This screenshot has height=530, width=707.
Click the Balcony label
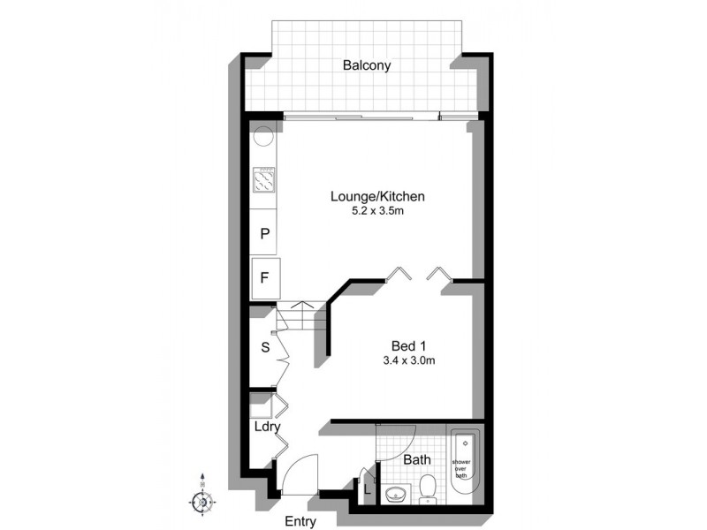click(368, 65)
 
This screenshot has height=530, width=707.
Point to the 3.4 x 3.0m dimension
click(408, 360)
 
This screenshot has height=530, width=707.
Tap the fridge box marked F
click(264, 277)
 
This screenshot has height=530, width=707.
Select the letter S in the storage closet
click(264, 347)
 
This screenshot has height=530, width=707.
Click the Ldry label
click(267, 427)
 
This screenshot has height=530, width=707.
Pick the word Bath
click(416, 460)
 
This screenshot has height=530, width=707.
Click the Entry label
click(301, 522)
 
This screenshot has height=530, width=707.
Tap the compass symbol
click(202, 502)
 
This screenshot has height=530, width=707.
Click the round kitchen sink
click(264, 137)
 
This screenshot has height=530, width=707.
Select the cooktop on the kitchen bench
click(264, 181)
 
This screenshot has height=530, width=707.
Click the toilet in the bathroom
click(428, 487)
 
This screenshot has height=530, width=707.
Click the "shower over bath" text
click(461, 468)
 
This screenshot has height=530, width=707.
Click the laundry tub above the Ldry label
click(262, 408)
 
